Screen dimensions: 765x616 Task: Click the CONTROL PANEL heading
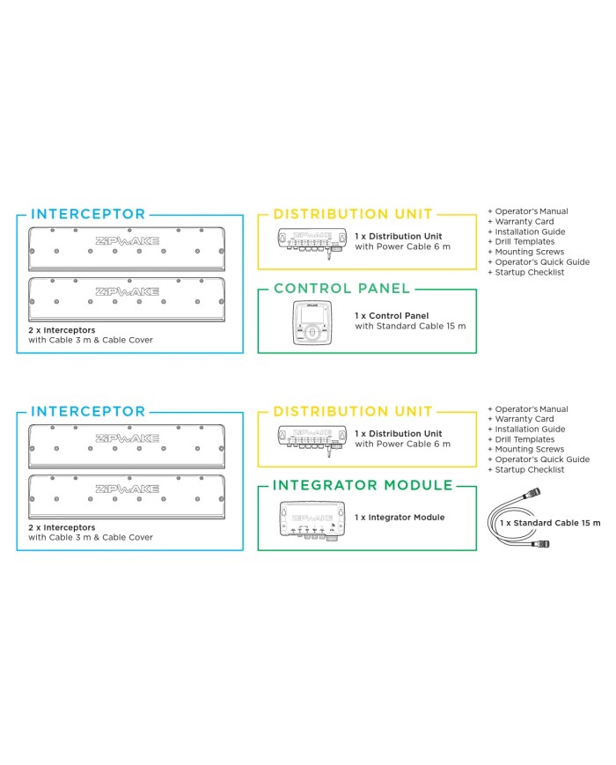coord(341,288)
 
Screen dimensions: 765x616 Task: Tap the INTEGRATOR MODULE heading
coord(363,485)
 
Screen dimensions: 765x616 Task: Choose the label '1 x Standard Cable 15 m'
coord(550,523)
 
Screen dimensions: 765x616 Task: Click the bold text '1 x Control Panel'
coord(391,315)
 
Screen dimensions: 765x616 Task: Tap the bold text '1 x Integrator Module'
coord(400,517)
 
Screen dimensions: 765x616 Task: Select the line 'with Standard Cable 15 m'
coord(410,326)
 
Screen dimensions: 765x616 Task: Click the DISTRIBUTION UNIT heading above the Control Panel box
coord(353,214)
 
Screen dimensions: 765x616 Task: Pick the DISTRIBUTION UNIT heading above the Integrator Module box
coord(353,411)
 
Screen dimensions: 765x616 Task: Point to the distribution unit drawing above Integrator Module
coord(310,437)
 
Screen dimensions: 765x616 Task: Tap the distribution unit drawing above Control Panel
coord(310,239)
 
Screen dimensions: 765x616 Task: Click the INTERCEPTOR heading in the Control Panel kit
coord(88,214)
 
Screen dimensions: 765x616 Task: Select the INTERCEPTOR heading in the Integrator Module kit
coord(88,411)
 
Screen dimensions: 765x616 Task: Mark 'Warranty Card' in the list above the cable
coord(525,419)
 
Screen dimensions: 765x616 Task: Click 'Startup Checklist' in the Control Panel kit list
coord(530,272)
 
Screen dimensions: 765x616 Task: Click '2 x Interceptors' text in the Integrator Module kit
coord(62,527)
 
